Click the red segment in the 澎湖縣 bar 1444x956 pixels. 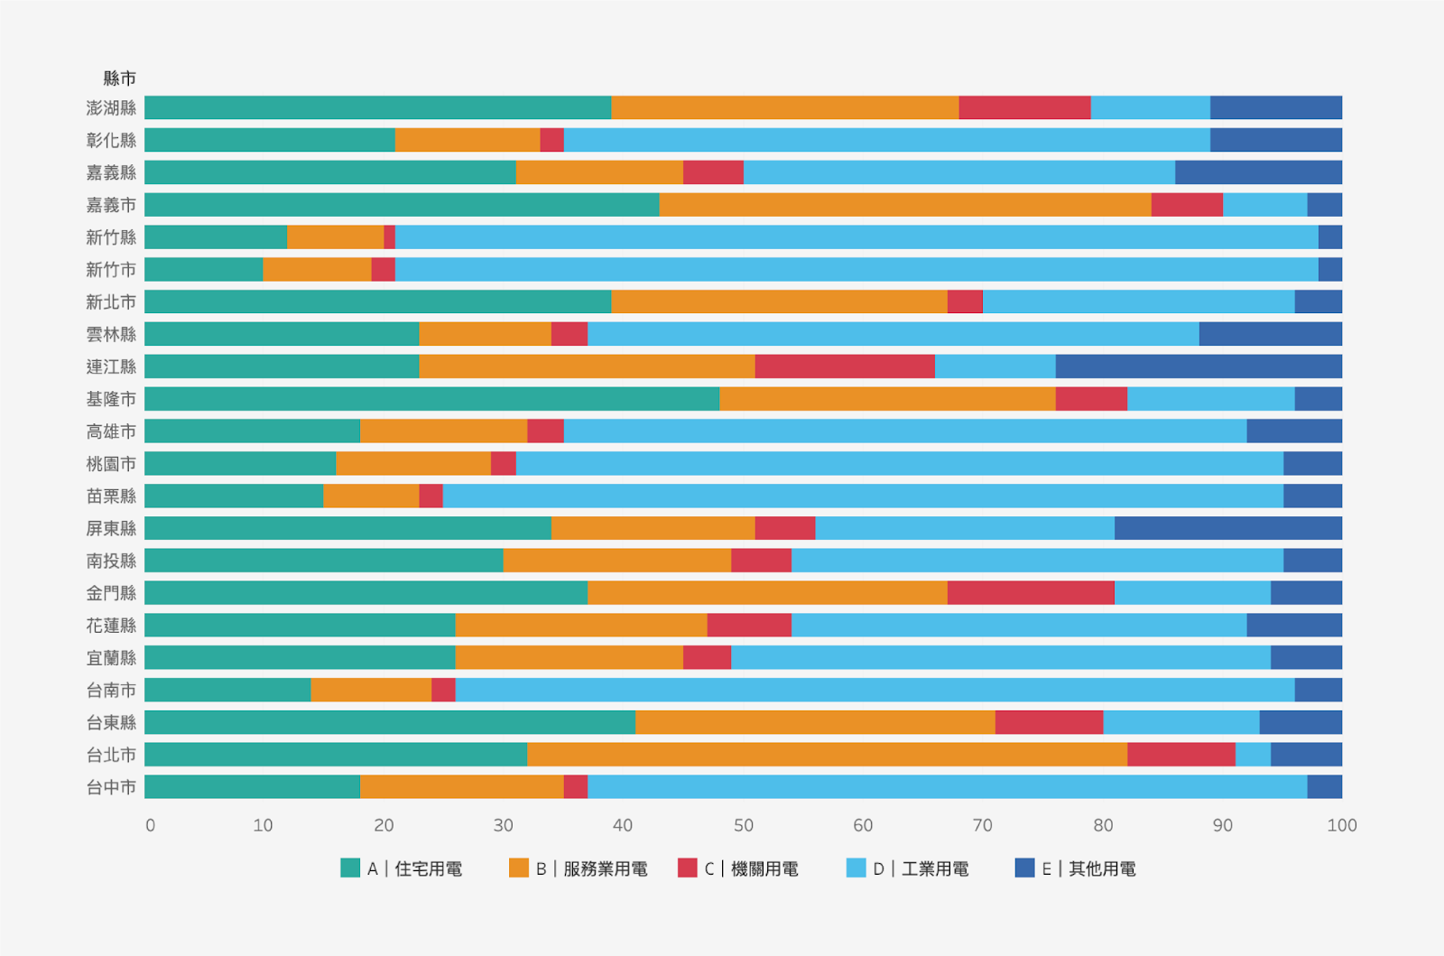(x=1024, y=107)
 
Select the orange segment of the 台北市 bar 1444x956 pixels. (x=827, y=754)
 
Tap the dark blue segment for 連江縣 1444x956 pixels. (x=1199, y=367)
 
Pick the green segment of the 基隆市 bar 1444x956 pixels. (x=432, y=398)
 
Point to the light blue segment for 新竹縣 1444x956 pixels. (x=856, y=237)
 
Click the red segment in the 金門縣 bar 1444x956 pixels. (x=1031, y=592)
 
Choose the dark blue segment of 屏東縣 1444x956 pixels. (x=1228, y=528)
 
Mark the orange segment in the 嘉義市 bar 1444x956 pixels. (x=905, y=204)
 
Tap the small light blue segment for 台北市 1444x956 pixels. (x=1254, y=754)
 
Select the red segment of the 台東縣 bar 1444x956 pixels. (x=1049, y=722)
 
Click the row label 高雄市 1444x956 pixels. (x=112, y=432)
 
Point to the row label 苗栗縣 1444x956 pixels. (x=112, y=496)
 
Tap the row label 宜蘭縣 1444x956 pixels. (x=112, y=657)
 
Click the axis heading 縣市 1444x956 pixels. (x=120, y=79)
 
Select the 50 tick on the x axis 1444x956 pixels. (x=744, y=825)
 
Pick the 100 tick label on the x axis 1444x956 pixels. (x=1342, y=825)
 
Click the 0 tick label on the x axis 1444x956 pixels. (x=150, y=825)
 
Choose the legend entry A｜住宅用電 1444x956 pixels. (x=402, y=868)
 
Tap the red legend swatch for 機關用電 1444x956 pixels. (x=688, y=868)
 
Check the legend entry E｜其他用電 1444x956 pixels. (x=1075, y=868)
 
